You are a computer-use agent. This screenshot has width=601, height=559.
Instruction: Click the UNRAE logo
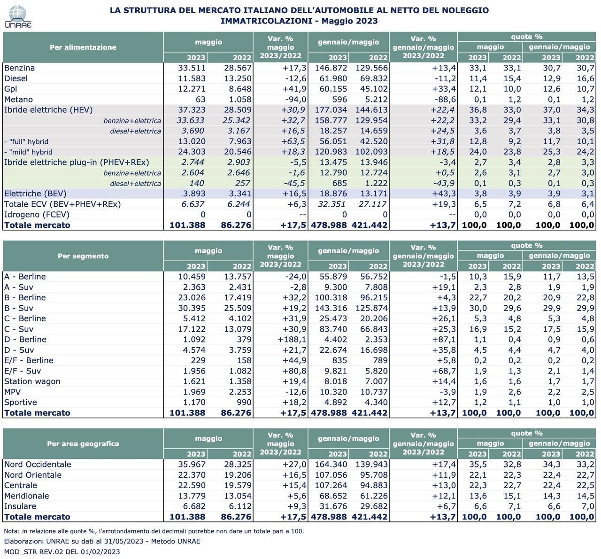coord(17,17)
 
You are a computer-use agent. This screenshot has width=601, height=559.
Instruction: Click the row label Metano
coord(18,99)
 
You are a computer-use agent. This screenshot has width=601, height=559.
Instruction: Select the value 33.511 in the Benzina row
coord(192,68)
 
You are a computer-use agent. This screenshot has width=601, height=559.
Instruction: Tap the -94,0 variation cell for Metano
coord(293,99)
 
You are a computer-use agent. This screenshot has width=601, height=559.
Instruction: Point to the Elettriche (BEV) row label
coord(35,194)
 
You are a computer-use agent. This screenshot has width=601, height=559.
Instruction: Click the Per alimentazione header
coord(83,47)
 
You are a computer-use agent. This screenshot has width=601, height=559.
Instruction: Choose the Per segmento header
coord(83,256)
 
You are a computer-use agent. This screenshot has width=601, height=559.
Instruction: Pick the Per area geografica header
coord(83,443)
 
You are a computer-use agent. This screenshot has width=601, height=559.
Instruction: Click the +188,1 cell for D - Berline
coord(292,340)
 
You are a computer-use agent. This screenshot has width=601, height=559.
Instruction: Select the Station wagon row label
coord(32,381)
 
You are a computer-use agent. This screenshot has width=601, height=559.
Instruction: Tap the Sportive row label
coord(20,402)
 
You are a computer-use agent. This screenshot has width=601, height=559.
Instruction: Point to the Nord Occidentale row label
coord(38,465)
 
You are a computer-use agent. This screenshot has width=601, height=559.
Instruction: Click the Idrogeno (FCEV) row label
coord(37,215)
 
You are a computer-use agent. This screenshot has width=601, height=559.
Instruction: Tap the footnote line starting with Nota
coord(154,531)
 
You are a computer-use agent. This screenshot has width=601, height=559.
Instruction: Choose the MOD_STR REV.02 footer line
coord(62,551)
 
